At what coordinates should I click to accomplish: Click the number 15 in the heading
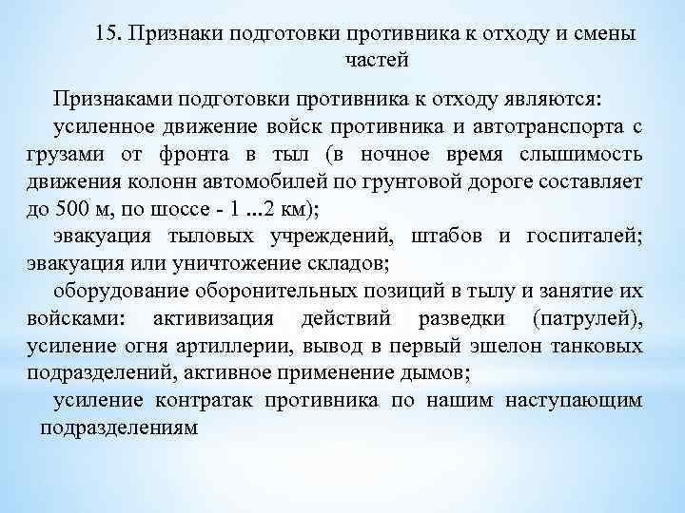coord(108,34)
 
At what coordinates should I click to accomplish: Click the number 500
coord(74,208)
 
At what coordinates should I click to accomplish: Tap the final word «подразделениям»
coord(118,427)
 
